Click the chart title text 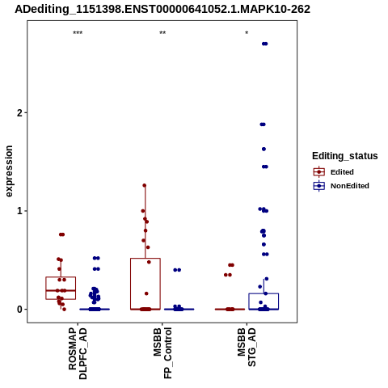tap(162, 9)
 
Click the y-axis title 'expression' tap(9, 171)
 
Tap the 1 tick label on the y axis tap(19, 211)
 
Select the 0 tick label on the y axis tap(19, 310)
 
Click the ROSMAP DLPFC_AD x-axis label tap(78, 353)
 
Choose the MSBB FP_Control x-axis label tap(162, 353)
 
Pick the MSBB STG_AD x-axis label tap(247, 347)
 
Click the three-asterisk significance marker tap(78, 33)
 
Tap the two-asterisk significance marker tap(162, 33)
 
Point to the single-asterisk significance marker tap(247, 33)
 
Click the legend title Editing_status tap(345, 156)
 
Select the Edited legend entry tap(334, 172)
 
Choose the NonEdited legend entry tap(341, 186)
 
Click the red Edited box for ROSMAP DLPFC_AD tap(61, 277)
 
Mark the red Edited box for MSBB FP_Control tap(145, 259)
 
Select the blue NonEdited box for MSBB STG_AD tap(264, 293)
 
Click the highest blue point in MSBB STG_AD tap(265, 44)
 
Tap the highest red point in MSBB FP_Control tap(145, 185)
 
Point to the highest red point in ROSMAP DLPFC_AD tap(61, 234)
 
